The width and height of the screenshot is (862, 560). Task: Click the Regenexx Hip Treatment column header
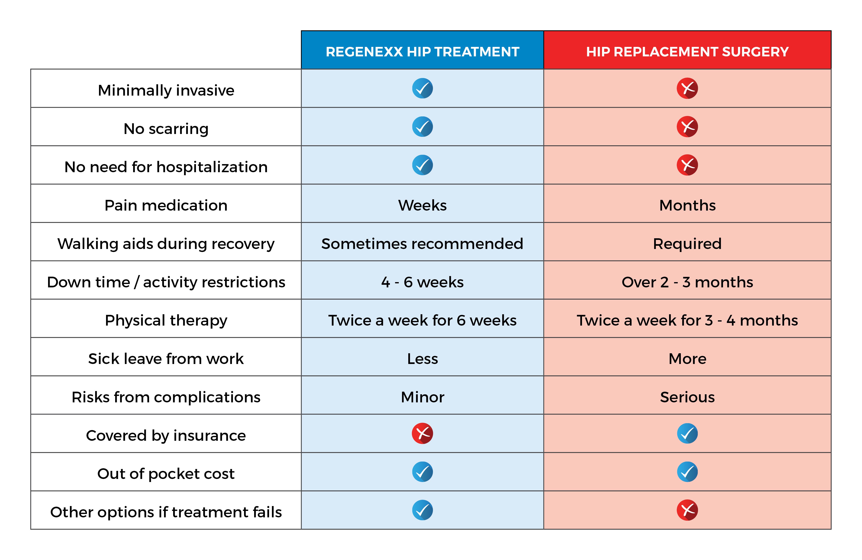pos(422,52)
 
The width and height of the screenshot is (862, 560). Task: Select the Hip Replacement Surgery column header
pos(687,52)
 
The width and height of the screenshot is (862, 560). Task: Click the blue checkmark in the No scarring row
pos(422,127)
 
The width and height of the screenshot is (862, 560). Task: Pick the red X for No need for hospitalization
pos(687,165)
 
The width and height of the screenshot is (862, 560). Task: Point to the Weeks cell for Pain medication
pos(422,205)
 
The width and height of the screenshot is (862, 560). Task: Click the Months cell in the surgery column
pos(687,205)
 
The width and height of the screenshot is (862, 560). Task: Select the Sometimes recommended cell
pos(422,244)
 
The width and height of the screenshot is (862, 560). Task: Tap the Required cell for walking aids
pos(687,244)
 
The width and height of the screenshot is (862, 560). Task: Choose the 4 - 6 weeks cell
pos(422,282)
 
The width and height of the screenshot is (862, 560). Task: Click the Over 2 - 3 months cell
pos(687,282)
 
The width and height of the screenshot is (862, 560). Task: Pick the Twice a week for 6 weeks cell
pos(422,321)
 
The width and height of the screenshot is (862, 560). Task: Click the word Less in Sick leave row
pos(422,359)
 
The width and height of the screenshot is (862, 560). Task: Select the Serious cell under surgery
pos(687,397)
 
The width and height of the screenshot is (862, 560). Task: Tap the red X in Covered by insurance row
pos(422,433)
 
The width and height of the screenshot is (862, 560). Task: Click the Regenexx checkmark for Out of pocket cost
pos(422,472)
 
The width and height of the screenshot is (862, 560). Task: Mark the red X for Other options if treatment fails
pos(687,510)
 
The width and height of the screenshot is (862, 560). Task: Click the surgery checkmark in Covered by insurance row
pos(687,433)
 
